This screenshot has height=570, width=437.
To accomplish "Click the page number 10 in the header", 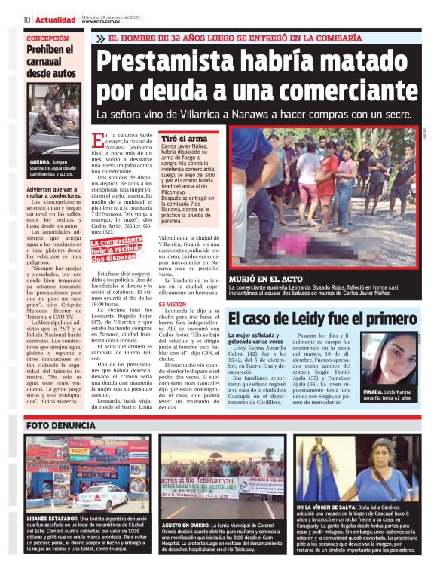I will [27, 20].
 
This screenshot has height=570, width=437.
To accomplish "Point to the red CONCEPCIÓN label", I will [47, 38].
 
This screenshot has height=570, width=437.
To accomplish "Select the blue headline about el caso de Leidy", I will [322, 317].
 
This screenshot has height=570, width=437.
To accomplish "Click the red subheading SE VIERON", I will [173, 304].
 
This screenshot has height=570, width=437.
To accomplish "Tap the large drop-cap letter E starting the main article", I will [96, 141].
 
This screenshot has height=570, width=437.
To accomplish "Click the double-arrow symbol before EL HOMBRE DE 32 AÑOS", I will [101, 37].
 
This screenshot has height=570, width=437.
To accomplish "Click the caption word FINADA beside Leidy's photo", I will [375, 393].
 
